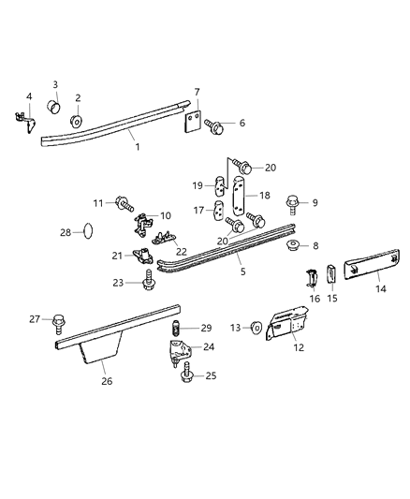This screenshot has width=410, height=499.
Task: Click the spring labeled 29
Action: pyautogui.click(x=173, y=329)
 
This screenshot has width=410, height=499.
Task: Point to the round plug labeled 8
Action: pyautogui.click(x=292, y=247)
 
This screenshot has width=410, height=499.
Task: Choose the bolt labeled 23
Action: pyautogui.click(x=149, y=278)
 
